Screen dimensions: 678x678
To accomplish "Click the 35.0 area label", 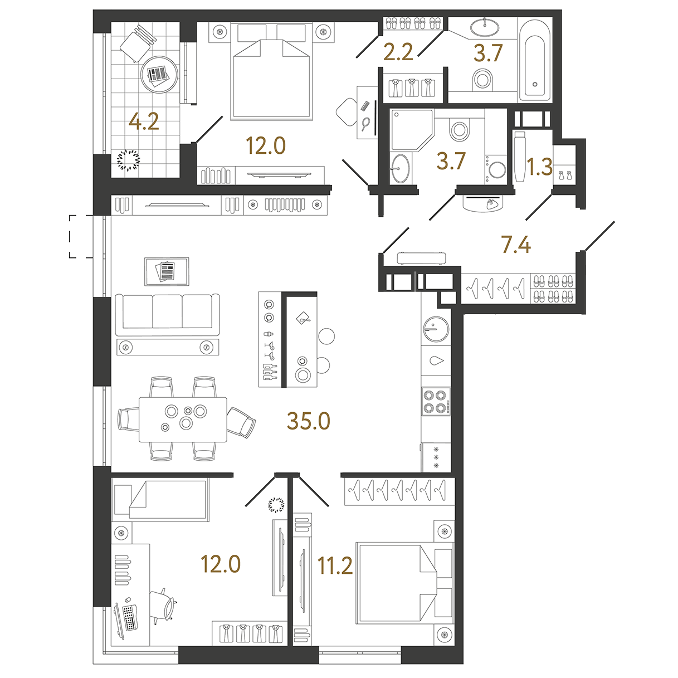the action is [308, 421].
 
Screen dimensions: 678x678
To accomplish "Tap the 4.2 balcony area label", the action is [144, 122].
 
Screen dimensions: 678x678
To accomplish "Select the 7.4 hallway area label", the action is [516, 245].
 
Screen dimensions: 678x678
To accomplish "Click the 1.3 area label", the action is [540, 167].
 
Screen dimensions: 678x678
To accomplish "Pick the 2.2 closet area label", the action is [398, 53].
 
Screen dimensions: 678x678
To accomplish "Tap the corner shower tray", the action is [411, 130].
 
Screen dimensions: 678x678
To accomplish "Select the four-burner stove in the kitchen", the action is [436, 402].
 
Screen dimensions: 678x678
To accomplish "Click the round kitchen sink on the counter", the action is [436, 329].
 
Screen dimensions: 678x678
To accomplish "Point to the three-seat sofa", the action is [168, 315].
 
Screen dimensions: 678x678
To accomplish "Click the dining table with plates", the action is [183, 419].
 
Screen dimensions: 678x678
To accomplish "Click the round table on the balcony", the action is [159, 74].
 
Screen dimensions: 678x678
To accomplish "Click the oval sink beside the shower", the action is [401, 169].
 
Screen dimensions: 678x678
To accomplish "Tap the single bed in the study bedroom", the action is [160, 499].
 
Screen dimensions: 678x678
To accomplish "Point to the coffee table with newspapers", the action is [167, 271].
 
